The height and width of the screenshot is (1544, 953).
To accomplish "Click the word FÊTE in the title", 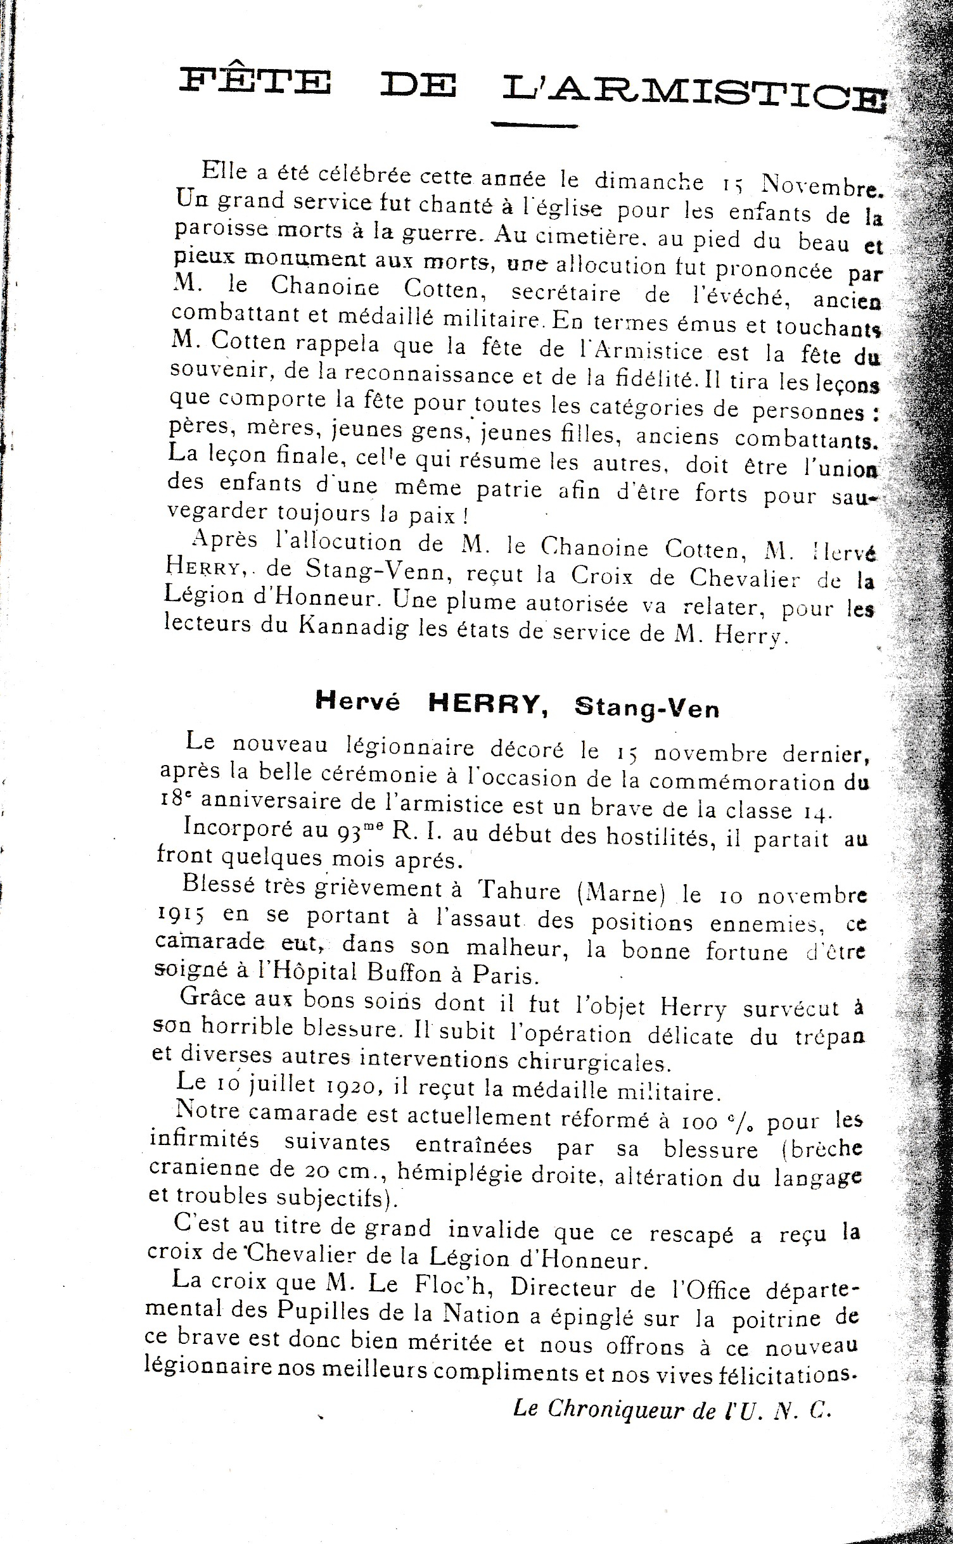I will click(x=255, y=84).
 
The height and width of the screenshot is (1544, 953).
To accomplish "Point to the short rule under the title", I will click(x=535, y=125).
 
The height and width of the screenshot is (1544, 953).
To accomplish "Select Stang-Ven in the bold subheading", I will click(x=646, y=707).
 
